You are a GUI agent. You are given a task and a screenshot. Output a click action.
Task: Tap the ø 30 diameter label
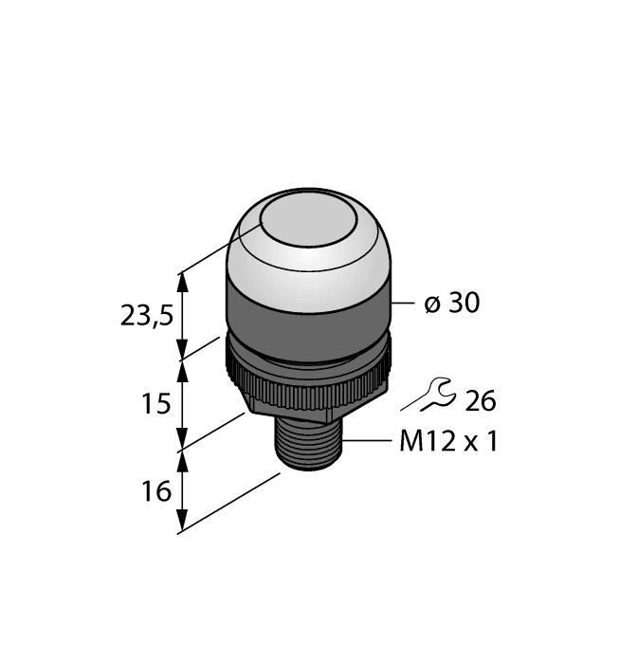pyautogui.click(x=451, y=304)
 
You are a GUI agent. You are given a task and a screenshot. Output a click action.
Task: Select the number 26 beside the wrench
pyautogui.click(x=480, y=401)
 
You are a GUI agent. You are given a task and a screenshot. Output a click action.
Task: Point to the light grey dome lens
pyautogui.click(x=309, y=256)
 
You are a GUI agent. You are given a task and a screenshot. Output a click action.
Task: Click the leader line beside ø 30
pyautogui.click(x=403, y=304)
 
